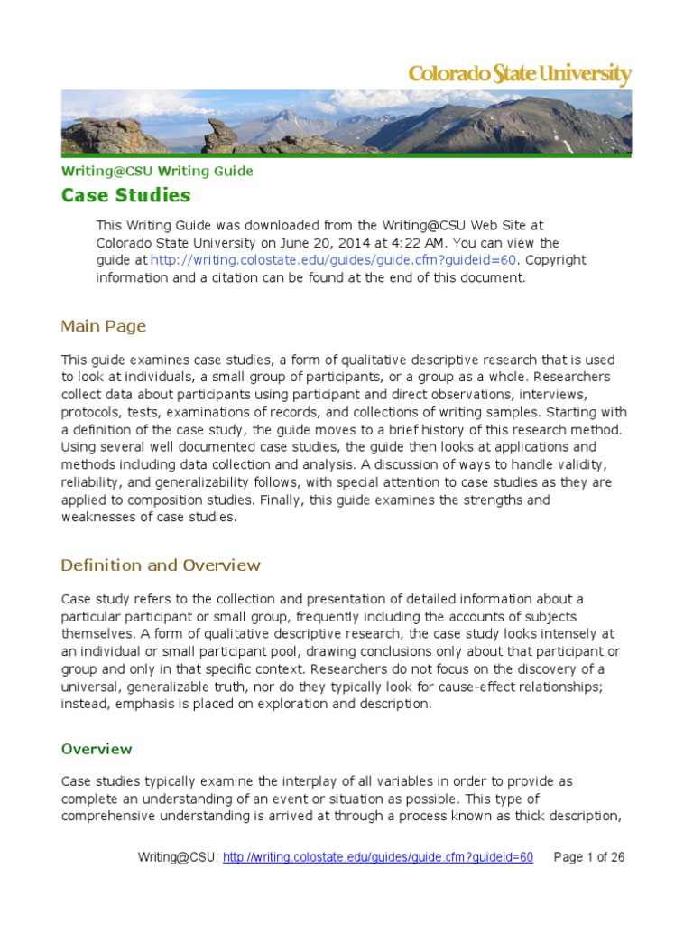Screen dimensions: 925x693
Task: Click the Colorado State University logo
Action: click(520, 74)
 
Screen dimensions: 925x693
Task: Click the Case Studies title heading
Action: click(125, 195)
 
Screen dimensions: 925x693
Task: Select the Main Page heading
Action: click(103, 326)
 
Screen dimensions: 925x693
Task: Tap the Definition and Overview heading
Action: click(160, 565)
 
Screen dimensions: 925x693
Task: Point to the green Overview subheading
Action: click(96, 749)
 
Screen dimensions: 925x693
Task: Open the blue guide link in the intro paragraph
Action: click(334, 260)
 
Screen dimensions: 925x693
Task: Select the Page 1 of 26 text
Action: click(587, 856)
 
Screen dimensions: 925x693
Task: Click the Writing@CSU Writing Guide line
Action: click(156, 171)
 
